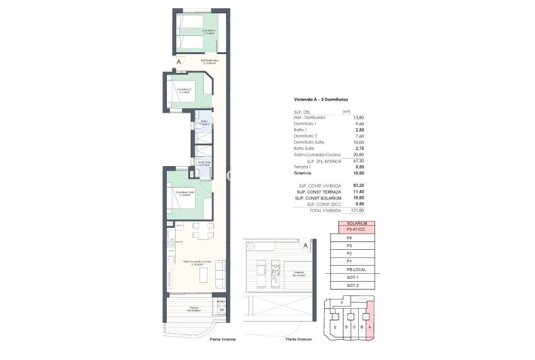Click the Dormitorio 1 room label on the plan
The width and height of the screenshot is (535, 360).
tap(210, 31)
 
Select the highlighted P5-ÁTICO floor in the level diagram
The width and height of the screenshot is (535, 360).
tap(357, 230)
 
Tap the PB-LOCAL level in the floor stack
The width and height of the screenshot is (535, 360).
tap(357, 269)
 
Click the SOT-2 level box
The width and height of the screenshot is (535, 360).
tap(357, 285)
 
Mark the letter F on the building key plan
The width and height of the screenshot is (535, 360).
tap(342, 303)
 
